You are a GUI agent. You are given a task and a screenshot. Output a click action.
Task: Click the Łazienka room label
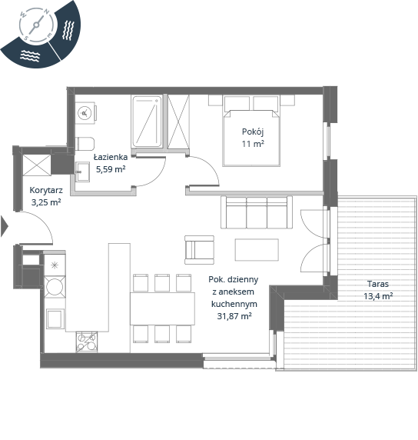click(111, 157)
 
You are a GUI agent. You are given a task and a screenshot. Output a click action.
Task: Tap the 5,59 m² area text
click(111, 169)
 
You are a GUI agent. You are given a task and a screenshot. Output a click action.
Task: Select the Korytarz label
click(46, 191)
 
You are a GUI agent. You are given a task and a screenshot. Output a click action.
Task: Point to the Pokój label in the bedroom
click(253, 132)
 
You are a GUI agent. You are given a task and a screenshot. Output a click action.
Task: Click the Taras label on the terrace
click(378, 284)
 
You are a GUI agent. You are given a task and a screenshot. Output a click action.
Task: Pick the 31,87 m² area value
click(234, 316)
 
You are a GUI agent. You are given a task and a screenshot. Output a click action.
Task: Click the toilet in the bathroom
click(85, 144)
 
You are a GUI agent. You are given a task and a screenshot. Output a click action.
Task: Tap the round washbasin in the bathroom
click(85, 113)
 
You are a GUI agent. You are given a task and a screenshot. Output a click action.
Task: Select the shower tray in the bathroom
click(147, 122)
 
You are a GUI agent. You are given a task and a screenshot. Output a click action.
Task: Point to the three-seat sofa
click(257, 212)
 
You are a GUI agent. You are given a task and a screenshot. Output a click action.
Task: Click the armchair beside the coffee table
click(199, 250)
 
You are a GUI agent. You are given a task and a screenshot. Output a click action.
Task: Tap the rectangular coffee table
click(257, 250)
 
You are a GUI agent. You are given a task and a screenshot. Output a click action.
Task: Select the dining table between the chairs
click(162, 308)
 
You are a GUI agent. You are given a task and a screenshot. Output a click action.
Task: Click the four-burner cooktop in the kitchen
click(87, 342)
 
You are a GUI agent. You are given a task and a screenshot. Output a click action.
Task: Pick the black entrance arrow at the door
click(5, 226)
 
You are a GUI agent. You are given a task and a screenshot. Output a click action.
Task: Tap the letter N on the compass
click(47, 12)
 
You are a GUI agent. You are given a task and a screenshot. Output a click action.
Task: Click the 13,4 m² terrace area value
click(378, 296)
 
